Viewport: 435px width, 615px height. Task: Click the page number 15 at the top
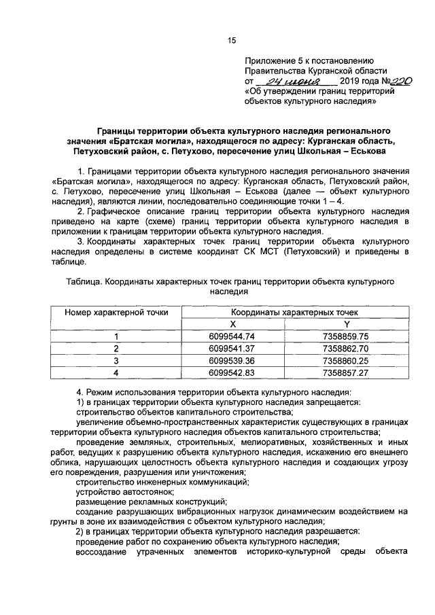[231, 41]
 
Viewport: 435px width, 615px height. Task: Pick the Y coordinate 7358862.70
[346, 349]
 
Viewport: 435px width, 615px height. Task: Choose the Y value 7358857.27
[346, 373]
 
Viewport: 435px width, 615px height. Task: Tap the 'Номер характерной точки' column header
[116, 312]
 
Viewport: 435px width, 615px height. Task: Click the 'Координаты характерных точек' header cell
[289, 312]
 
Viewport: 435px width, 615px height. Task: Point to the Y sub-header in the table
[346, 324]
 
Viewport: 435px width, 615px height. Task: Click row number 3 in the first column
[116, 361]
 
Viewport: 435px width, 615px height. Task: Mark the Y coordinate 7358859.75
[346, 336]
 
